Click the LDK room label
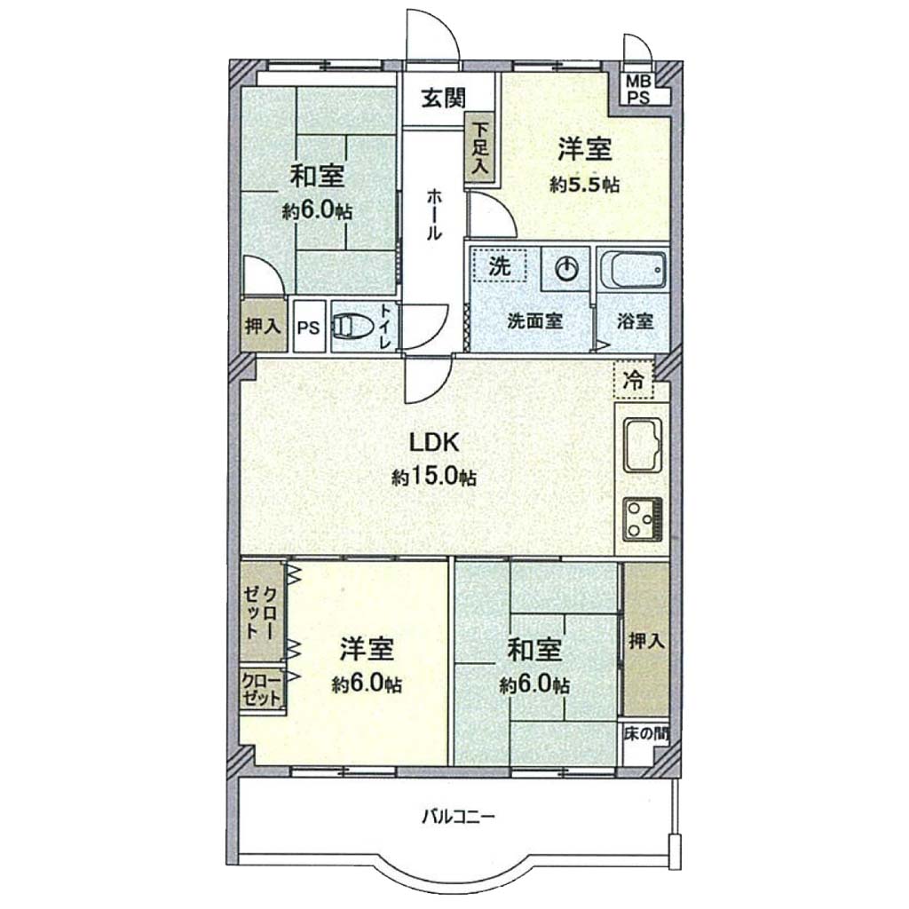click(x=435, y=442)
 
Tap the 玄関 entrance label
click(x=444, y=98)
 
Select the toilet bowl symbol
click(x=352, y=327)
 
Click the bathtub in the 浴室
click(x=634, y=271)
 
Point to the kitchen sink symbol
click(x=643, y=445)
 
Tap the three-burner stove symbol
click(x=643, y=518)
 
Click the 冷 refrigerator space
click(x=634, y=380)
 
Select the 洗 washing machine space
click(x=499, y=265)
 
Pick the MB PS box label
click(x=637, y=90)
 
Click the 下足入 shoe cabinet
click(x=481, y=148)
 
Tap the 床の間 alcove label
click(x=646, y=734)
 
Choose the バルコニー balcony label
click(x=458, y=818)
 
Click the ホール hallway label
click(x=434, y=215)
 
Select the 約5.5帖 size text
click(x=585, y=185)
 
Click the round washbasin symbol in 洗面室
click(x=567, y=269)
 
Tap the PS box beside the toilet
click(x=308, y=327)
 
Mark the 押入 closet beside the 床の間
click(x=646, y=640)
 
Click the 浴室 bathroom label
click(x=635, y=320)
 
